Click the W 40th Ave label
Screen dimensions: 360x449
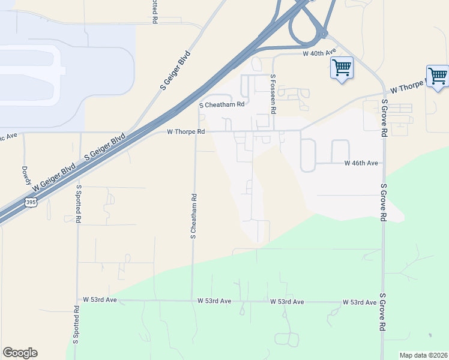pos(319,53)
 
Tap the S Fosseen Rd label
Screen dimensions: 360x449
pos(273,94)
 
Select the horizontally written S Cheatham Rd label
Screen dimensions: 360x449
pos(222,104)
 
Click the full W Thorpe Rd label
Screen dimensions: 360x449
pos(185,131)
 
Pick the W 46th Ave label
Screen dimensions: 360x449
pos(361,163)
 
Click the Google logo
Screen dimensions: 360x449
pos(20,353)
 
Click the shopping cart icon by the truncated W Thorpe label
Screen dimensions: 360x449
pos(438,76)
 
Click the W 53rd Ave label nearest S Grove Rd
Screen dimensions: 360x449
pos(360,302)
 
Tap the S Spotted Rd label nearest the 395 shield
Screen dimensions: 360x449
pos(78,203)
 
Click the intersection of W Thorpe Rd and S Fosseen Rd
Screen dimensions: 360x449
pos(274,131)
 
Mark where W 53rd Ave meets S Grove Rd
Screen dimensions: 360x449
pos(382,302)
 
